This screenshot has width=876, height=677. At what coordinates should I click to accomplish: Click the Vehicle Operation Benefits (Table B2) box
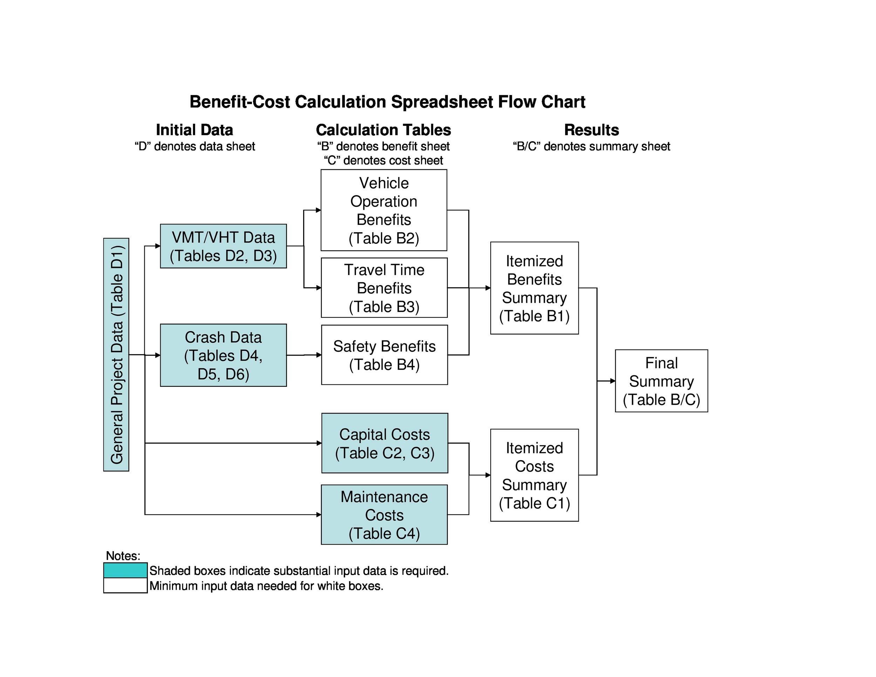pyautogui.click(x=383, y=210)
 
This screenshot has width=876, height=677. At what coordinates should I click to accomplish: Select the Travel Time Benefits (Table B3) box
pyautogui.click(x=384, y=288)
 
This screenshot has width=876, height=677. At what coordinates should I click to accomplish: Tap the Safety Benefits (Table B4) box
pyautogui.click(x=384, y=355)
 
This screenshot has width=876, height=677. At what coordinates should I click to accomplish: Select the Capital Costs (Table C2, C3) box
pyautogui.click(x=384, y=443)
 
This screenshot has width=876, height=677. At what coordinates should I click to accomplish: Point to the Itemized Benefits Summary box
pyautogui.click(x=534, y=288)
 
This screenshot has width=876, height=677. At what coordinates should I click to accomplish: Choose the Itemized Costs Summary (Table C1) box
pyautogui.click(x=534, y=475)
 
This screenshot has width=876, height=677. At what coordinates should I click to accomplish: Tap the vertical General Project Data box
pyautogui.click(x=116, y=354)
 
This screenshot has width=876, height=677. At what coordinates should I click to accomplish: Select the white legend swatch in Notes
pyautogui.click(x=125, y=585)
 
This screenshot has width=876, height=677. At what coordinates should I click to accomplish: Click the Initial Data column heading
pyautogui.click(x=194, y=130)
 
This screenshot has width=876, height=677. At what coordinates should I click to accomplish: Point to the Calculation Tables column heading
pyautogui.click(x=383, y=130)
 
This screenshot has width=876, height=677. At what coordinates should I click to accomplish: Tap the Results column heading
pyautogui.click(x=591, y=130)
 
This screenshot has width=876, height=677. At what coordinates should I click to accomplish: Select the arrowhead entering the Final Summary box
pyautogui.click(x=612, y=381)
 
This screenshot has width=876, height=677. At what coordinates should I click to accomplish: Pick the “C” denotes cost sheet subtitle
pyautogui.click(x=383, y=160)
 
